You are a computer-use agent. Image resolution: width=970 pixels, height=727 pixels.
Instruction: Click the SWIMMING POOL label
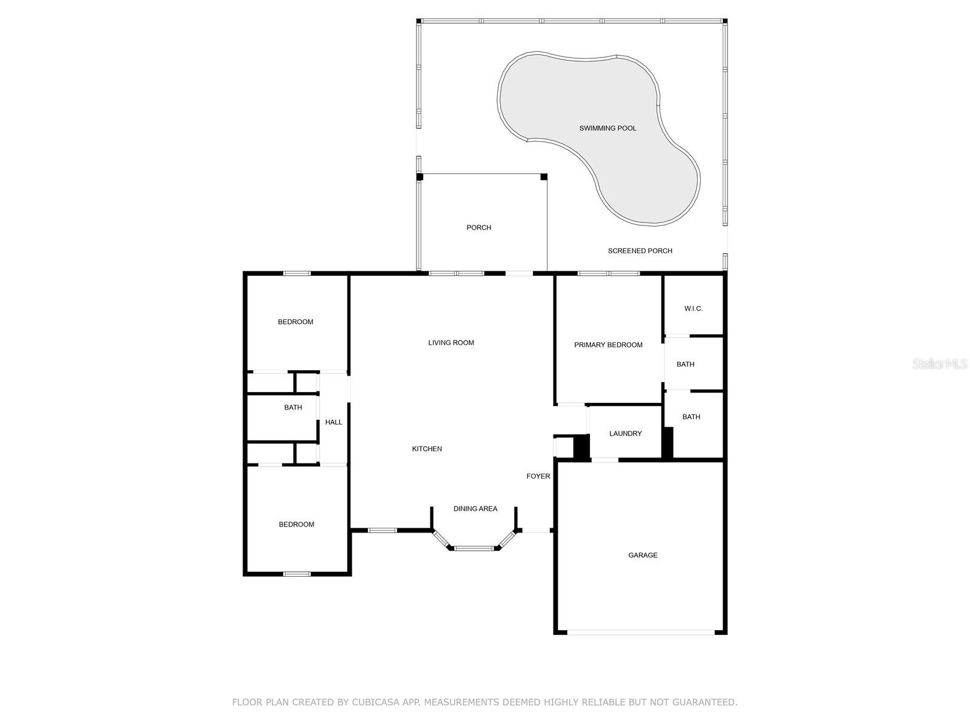point(607,128)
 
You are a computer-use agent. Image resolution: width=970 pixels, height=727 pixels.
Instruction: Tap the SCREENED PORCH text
point(640,251)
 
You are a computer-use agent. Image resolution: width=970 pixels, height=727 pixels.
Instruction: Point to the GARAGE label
point(643,555)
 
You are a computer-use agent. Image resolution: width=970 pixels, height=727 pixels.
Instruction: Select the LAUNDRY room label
point(625,433)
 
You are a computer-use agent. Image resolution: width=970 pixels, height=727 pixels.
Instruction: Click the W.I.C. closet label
point(693,308)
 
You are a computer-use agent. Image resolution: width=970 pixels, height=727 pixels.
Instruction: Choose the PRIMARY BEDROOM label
point(608,345)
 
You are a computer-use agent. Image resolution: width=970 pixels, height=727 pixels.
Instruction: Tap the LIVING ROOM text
point(451,342)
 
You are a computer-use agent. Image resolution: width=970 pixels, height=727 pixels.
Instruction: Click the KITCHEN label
point(427,448)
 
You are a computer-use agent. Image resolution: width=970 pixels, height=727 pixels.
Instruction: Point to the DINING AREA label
point(475,508)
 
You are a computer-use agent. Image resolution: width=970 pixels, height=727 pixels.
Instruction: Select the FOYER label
point(538,476)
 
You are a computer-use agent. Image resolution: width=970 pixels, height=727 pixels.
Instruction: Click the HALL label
point(333,422)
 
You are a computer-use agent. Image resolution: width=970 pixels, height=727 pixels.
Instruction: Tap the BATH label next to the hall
point(293,407)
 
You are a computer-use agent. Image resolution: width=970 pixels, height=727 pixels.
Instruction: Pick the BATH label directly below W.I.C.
point(686,364)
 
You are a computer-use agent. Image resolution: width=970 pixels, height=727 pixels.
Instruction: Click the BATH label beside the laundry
point(691,417)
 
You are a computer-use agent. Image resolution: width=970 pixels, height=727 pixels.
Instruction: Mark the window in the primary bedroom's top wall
point(609,273)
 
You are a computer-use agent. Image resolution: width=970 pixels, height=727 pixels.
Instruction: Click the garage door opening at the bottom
point(641,632)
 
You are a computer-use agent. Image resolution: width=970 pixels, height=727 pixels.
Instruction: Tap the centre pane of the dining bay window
point(473,548)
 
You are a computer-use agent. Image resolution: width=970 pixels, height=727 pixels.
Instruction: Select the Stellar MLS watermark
point(940,363)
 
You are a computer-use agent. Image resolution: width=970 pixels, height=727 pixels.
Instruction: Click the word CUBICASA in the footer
point(375,702)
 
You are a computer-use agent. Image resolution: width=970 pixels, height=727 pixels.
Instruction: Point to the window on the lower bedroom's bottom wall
point(296,574)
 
